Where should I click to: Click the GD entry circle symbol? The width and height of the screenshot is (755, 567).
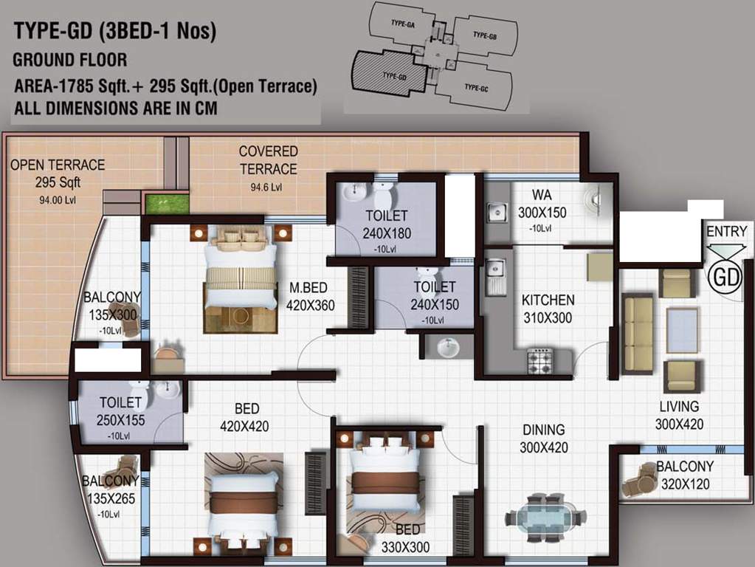pos(725,277)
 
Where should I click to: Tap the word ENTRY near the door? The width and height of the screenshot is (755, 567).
pos(726,232)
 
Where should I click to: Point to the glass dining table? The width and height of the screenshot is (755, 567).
pos(546,516)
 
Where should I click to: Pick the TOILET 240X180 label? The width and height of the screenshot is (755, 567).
pos(386,224)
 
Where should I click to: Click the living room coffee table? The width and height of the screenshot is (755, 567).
pos(682,330)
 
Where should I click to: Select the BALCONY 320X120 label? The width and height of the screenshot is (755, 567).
pos(685,475)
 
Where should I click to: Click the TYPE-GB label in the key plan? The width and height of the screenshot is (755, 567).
pos(484,35)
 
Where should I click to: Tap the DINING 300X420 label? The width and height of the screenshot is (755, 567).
pos(543,438)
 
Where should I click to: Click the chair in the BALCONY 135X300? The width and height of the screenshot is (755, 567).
pos(123,317)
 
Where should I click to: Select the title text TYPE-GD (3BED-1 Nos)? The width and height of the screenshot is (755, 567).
pos(115,32)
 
